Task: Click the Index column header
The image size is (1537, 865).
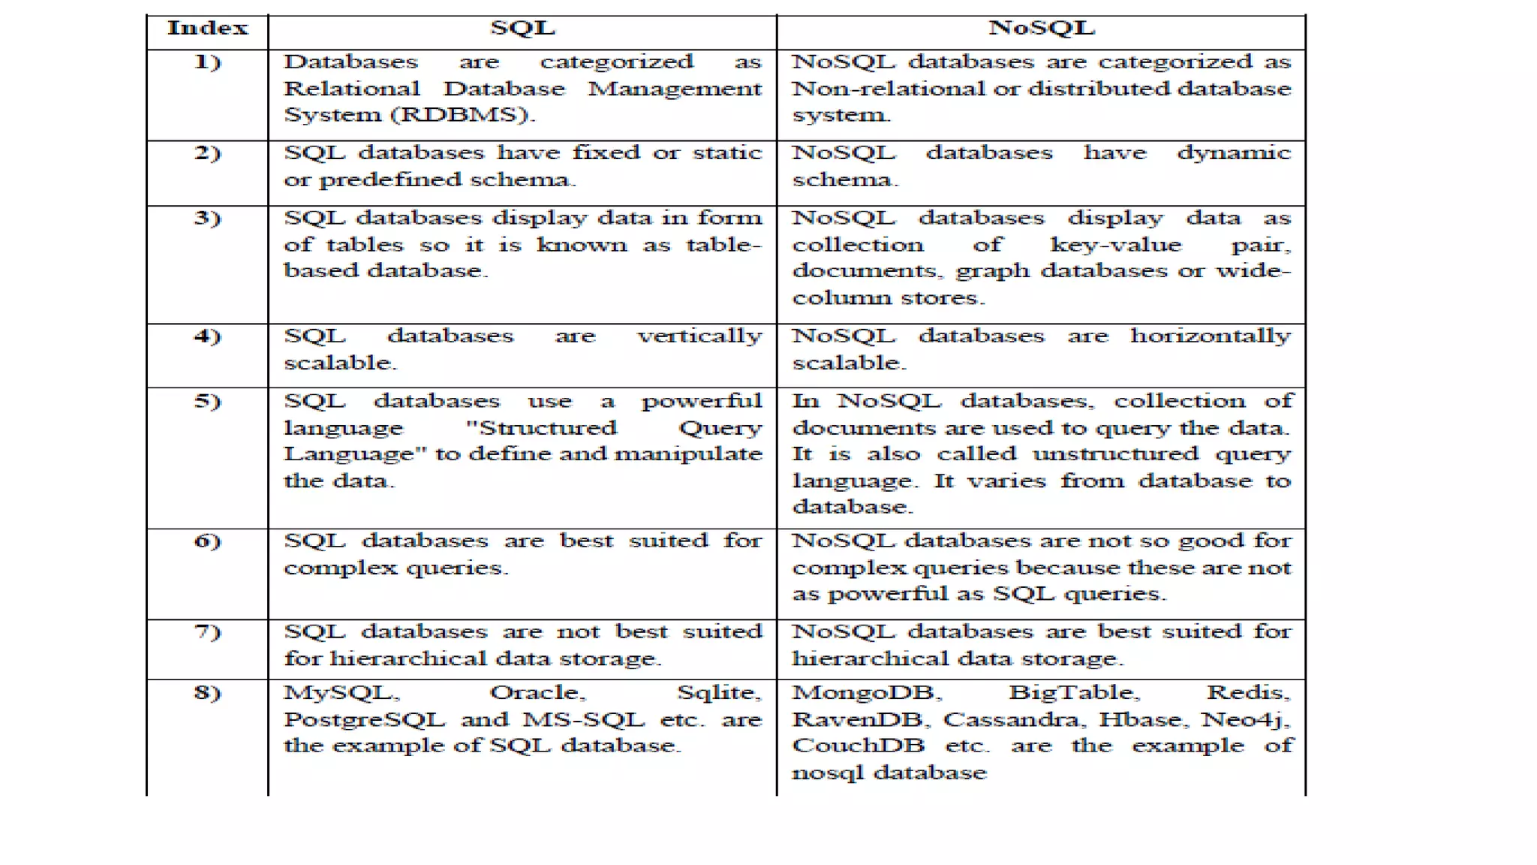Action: point(207,29)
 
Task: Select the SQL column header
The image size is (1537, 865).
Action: point(522,29)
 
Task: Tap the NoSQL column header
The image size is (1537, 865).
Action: point(1042,29)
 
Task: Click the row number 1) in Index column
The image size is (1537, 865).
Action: point(208,62)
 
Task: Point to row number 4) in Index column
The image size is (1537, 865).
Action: point(208,336)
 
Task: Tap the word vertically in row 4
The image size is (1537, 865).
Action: point(699,336)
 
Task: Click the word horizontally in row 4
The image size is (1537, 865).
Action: point(1211,336)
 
